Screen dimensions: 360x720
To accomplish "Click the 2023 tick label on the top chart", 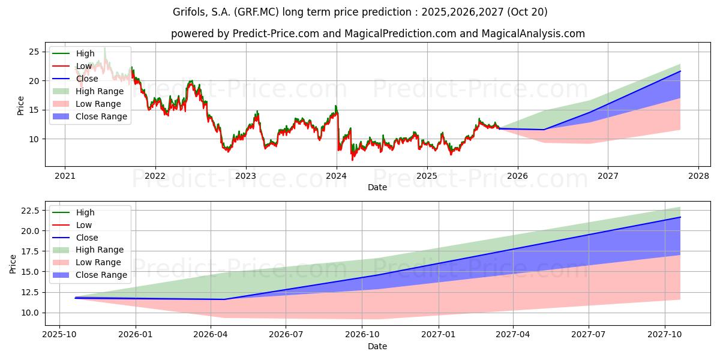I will (245, 176).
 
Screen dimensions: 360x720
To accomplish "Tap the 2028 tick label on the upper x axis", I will (698, 176).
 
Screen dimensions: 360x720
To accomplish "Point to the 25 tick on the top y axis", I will (34, 52).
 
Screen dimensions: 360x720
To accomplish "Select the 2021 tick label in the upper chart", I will (65, 176).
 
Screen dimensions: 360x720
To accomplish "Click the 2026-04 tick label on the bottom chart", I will (211, 334).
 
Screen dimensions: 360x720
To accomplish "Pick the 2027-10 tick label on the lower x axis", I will (665, 334).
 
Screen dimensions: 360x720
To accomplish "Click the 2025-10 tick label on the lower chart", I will (59, 334).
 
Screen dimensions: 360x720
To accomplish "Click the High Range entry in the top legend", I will (100, 91).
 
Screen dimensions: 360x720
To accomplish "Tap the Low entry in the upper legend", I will (84, 66).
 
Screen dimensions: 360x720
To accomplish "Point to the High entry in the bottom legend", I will (85, 212).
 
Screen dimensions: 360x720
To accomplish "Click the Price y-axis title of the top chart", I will (21, 106).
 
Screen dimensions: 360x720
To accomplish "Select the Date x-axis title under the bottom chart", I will (377, 346).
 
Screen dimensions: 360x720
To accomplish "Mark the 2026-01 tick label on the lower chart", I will (136, 334).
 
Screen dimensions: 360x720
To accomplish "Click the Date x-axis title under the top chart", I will (377, 187).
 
